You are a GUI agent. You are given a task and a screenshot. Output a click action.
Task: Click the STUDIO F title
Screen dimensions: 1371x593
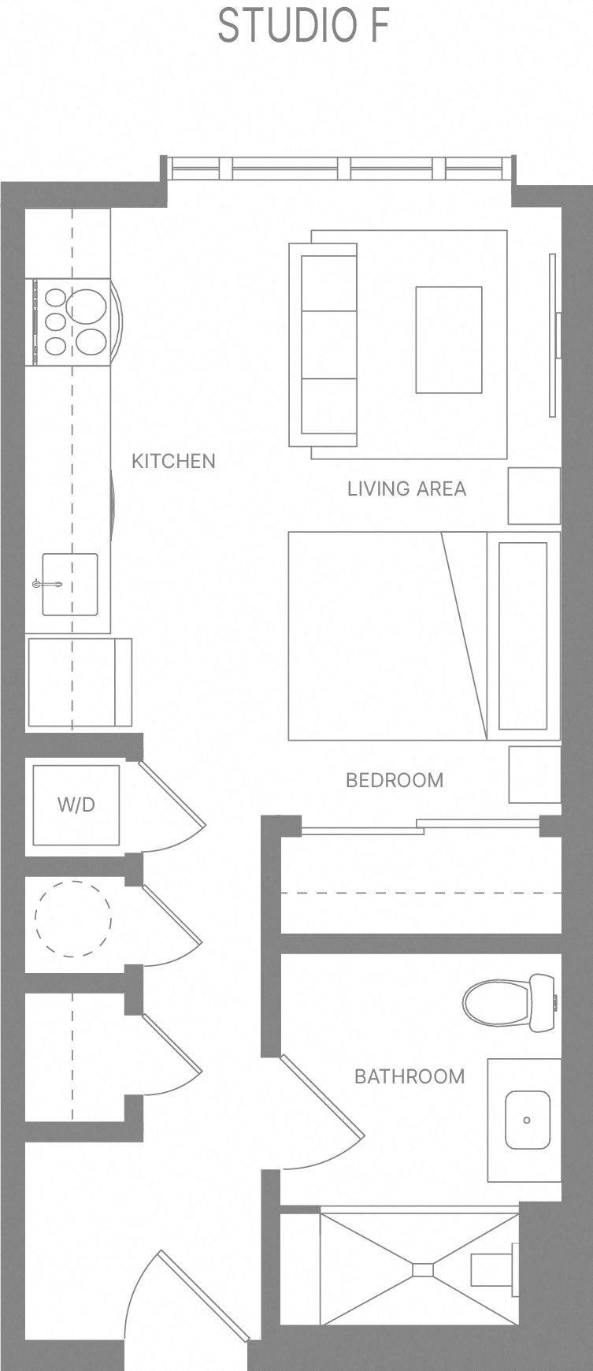(303, 26)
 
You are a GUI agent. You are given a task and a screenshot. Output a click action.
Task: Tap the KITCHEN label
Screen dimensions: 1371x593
(173, 461)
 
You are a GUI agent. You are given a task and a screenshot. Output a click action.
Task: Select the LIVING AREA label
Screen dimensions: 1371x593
(406, 489)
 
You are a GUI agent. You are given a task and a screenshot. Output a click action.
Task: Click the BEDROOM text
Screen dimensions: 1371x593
(395, 780)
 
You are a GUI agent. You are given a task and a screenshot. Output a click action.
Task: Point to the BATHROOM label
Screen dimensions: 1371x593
(410, 1076)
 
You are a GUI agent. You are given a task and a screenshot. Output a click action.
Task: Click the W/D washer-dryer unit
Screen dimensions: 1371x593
(76, 804)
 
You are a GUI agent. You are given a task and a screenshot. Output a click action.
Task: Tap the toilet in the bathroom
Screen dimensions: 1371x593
(508, 1003)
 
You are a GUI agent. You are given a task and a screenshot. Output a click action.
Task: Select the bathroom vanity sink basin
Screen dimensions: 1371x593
(527, 1120)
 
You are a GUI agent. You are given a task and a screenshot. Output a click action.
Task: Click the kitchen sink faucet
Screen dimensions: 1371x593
(47, 584)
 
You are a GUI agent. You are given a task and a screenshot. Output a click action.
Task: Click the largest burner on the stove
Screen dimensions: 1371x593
(86, 304)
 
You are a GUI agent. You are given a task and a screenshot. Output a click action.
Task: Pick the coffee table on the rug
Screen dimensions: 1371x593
(449, 340)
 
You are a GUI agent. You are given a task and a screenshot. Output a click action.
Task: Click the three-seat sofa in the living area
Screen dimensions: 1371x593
(324, 344)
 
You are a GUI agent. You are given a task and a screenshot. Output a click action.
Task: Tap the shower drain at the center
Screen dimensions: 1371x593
(423, 1269)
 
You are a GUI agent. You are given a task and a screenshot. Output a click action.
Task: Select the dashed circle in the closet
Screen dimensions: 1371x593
(72, 919)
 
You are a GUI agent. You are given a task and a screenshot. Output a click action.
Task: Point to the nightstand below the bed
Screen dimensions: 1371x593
(534, 774)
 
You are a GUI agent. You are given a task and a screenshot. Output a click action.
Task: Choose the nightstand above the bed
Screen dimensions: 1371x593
(534, 496)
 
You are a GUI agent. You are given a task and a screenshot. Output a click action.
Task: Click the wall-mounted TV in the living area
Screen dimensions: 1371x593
(554, 336)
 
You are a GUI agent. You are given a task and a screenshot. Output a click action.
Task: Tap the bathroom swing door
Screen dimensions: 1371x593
(322, 1098)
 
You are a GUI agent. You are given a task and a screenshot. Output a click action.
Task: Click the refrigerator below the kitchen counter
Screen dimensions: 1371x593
(79, 682)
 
